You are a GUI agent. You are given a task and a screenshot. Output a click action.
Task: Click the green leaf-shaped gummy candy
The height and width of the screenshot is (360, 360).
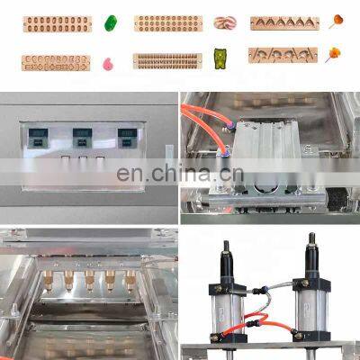click(112, 22)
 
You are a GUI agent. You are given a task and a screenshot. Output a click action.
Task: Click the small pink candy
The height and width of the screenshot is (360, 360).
click(110, 63)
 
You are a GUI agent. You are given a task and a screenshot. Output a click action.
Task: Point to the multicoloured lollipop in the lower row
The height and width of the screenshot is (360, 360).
click(332, 55)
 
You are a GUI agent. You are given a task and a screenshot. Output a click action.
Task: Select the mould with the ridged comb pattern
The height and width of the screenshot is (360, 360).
click(166, 61)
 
